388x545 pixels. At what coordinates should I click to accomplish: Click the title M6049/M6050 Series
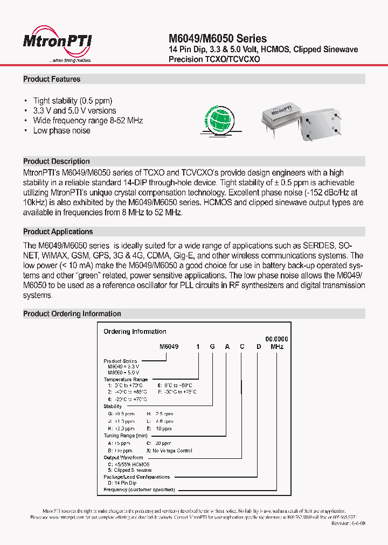[218, 38]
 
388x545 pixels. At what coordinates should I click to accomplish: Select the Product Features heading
[52, 79]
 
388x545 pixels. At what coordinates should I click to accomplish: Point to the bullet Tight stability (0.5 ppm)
[73, 101]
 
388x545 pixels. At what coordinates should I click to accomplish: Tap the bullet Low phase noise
[61, 131]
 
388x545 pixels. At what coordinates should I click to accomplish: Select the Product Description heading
[57, 162]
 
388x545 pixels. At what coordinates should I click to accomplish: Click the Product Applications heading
[58, 232]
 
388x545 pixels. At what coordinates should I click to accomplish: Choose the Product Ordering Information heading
[72, 313]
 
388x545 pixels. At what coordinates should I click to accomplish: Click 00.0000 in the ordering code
[278, 339]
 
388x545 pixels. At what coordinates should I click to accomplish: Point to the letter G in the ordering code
[212, 347]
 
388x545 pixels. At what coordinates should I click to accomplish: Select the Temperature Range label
[126, 380]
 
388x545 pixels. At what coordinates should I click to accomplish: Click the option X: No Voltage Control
[169, 450]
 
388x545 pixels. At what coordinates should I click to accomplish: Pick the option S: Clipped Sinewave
[130, 470]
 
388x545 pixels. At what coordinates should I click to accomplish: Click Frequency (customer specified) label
[139, 490]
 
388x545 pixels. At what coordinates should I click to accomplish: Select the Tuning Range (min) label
[126, 435]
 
